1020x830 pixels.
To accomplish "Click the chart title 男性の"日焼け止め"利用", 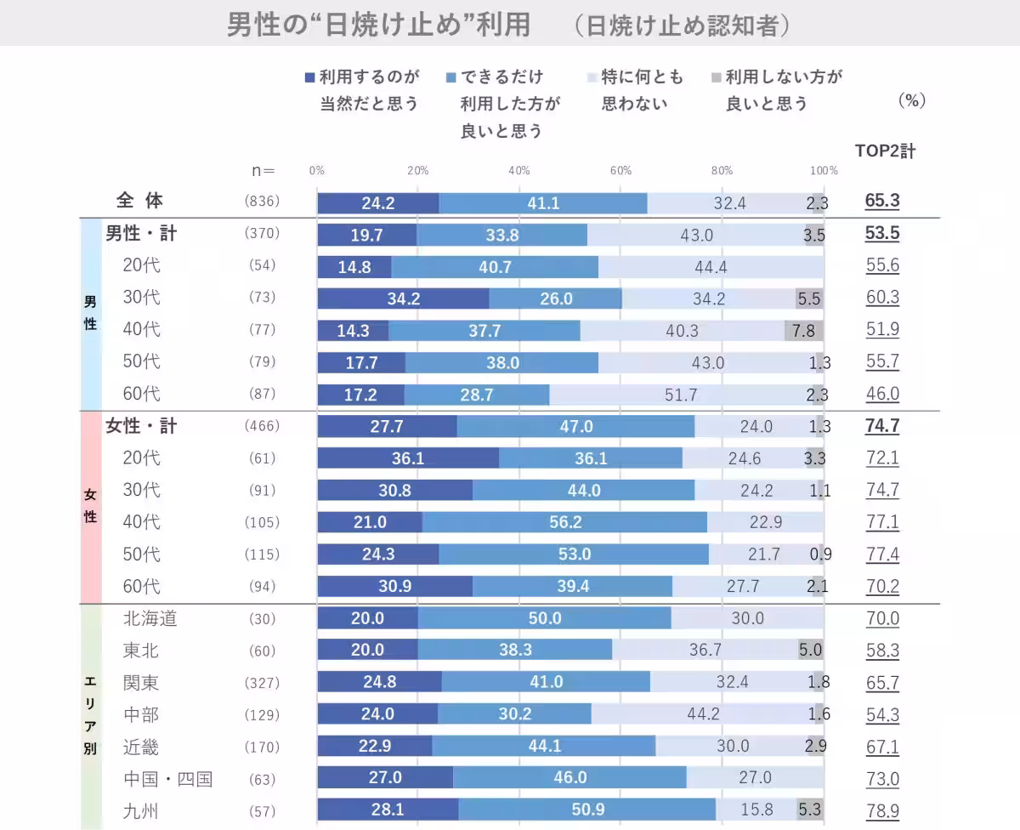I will pos(378,25).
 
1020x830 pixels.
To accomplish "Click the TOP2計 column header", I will pos(885,151).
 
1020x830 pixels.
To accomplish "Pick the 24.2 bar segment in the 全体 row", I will pos(378,203).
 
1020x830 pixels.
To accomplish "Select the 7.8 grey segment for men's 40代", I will pos(803,330).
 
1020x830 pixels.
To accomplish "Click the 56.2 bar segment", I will pos(565,522).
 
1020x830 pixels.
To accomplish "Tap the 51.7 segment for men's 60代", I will pos(686,395).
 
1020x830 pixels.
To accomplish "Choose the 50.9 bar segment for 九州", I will pos(587,810).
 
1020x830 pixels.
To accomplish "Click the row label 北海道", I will pos(150,618).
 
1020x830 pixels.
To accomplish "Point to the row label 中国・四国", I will pos(167,778).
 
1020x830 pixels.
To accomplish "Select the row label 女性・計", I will pos(141,426).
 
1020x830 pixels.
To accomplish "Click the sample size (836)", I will pos(262,202).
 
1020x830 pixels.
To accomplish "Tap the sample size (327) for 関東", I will pos(262,683).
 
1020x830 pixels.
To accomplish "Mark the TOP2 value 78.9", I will pos(882,810).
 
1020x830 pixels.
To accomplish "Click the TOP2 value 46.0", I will pos(882,395).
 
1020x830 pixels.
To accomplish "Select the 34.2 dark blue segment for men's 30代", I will pos(403,298).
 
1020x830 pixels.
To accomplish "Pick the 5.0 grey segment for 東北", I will pos(810,651).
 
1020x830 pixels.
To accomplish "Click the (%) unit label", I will pos(911,100).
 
